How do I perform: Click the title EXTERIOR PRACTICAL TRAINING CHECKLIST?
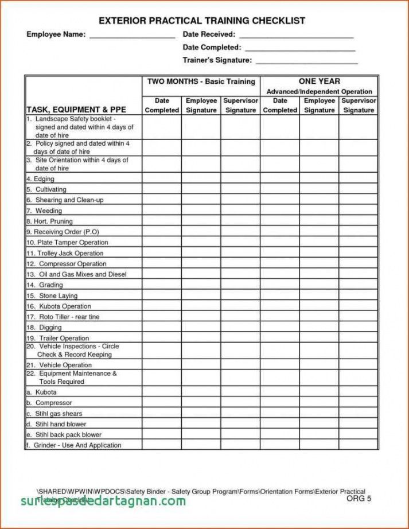pyautogui.click(x=201, y=21)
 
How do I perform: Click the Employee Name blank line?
pyautogui.click(x=132, y=36)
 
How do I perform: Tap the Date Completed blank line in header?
pyautogui.click(x=300, y=49)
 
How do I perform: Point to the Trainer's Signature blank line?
pyautogui.click(x=306, y=61)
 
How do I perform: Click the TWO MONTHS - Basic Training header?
pyautogui.click(x=201, y=81)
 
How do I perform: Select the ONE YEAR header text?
pyautogui.click(x=319, y=81)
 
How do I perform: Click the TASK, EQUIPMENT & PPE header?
pyautogui.click(x=76, y=109)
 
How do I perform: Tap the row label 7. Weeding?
pyautogui.click(x=44, y=211)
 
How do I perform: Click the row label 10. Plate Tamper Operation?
pyautogui.click(x=67, y=243)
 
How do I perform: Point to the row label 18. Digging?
pyautogui.click(x=44, y=328)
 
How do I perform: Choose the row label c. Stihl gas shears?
pyautogui.click(x=54, y=414)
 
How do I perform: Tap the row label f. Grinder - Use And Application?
pyautogui.click(x=73, y=445)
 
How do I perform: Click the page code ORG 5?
pyautogui.click(x=359, y=498)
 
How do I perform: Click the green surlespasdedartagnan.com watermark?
pyautogui.click(x=103, y=501)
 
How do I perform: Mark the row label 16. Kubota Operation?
pyautogui.click(x=59, y=306)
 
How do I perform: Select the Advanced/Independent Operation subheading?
pyautogui.click(x=319, y=92)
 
